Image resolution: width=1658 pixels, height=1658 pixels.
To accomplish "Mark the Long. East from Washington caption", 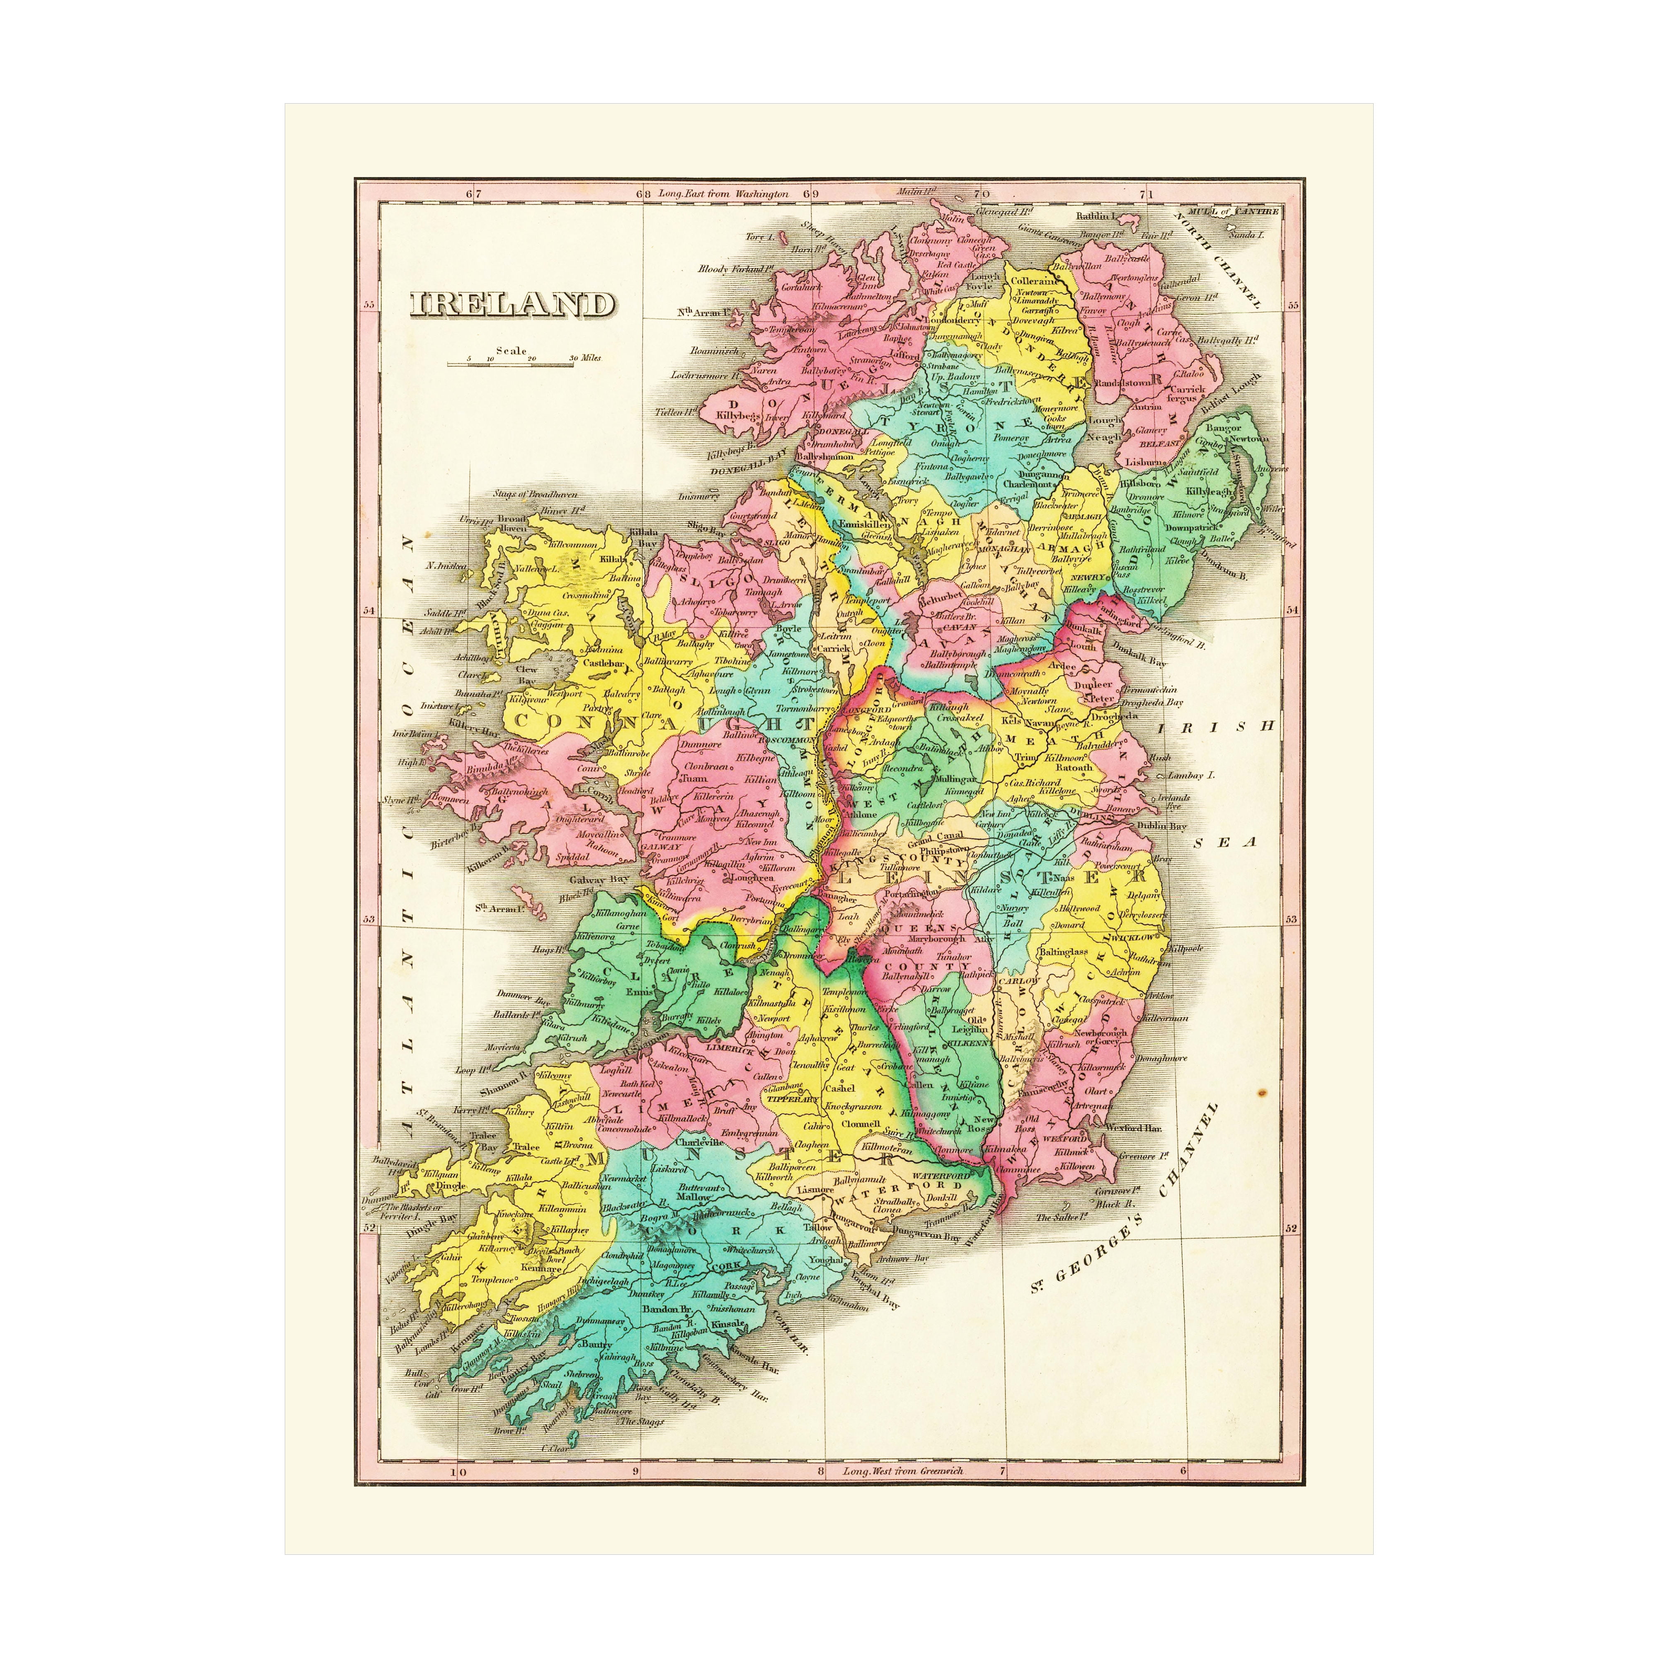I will click(722, 194).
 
